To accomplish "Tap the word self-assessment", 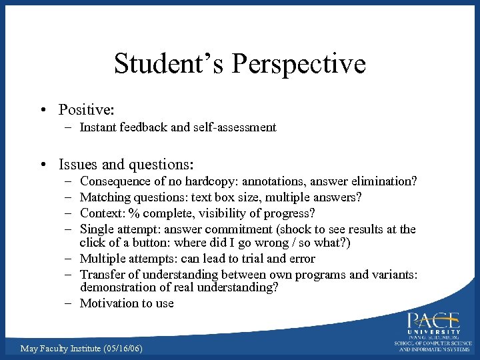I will (x=233, y=127).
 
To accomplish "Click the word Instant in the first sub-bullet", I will (x=98, y=127).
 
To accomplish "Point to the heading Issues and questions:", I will (x=126, y=164).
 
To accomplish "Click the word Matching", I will (x=105, y=197).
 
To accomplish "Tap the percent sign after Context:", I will (x=134, y=213).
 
